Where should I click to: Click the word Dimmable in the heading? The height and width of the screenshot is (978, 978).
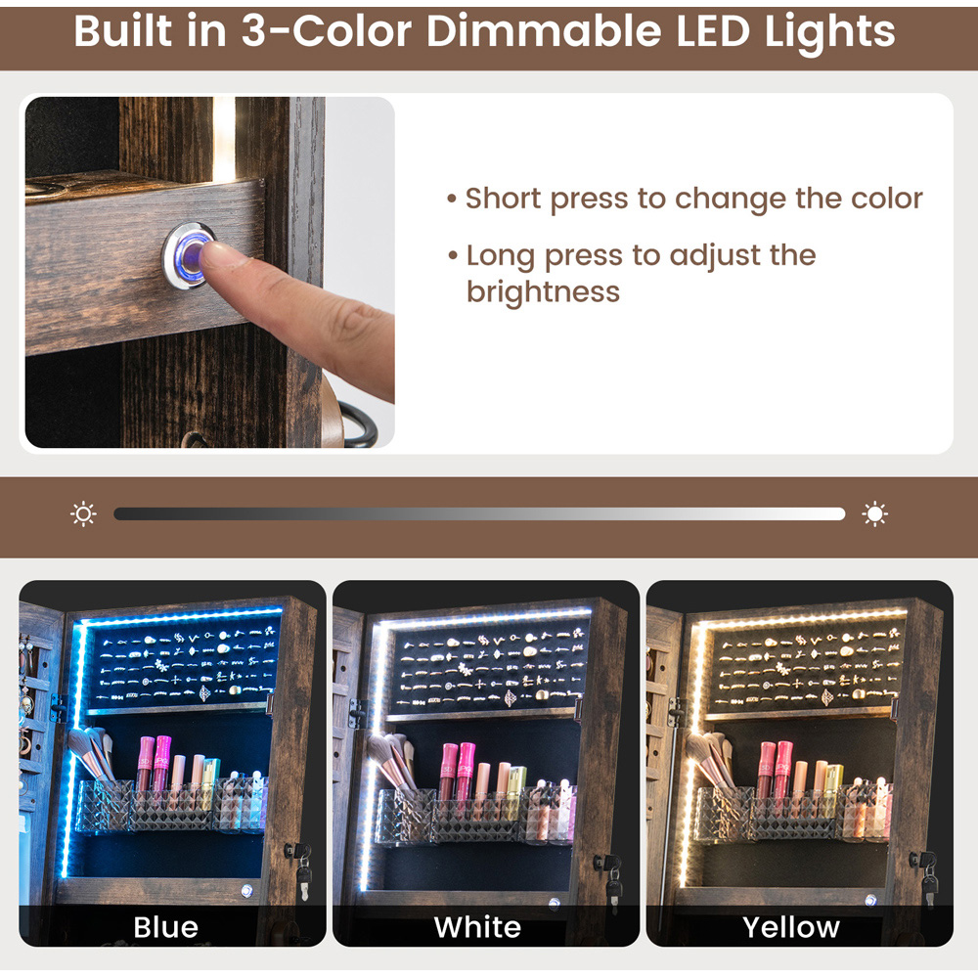543,31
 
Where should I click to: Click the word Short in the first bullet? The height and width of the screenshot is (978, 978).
504,199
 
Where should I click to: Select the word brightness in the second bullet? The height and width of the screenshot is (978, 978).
543,291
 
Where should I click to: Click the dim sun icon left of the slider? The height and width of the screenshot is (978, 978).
83,514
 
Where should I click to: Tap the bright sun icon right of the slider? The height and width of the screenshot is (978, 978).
874,514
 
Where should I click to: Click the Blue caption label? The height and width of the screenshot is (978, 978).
166,927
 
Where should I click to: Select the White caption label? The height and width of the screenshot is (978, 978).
478,927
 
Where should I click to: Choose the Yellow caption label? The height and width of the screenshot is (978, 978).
791,927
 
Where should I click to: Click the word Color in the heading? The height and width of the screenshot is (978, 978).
352,31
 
